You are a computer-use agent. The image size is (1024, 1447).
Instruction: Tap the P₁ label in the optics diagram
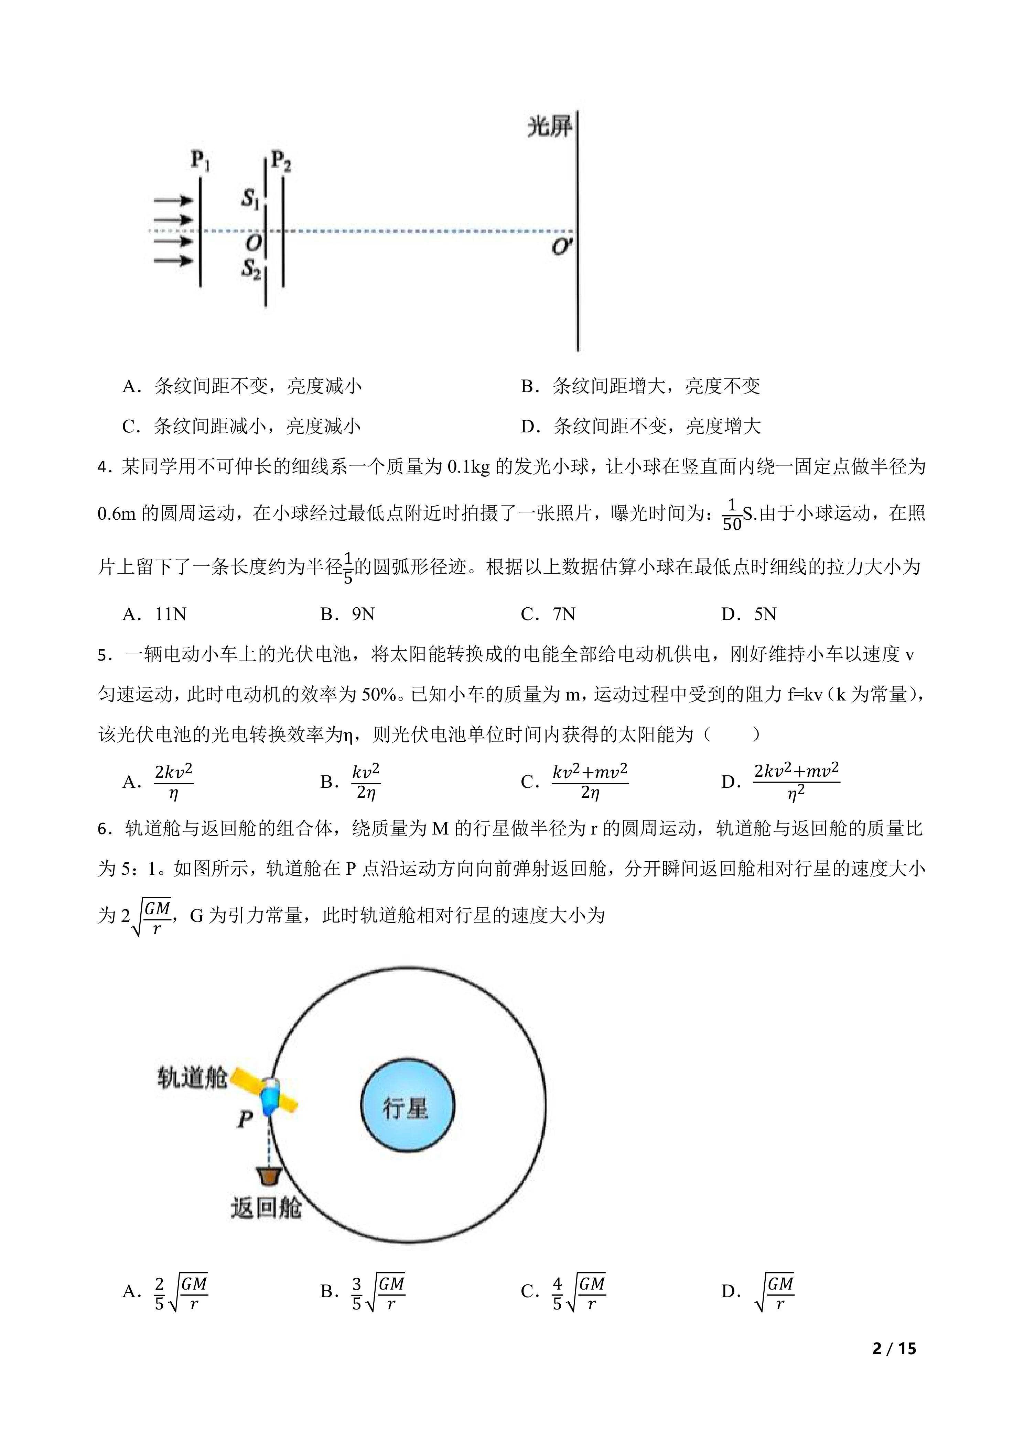click(201, 161)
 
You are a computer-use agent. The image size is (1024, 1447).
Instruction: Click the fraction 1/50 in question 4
click(731, 515)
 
